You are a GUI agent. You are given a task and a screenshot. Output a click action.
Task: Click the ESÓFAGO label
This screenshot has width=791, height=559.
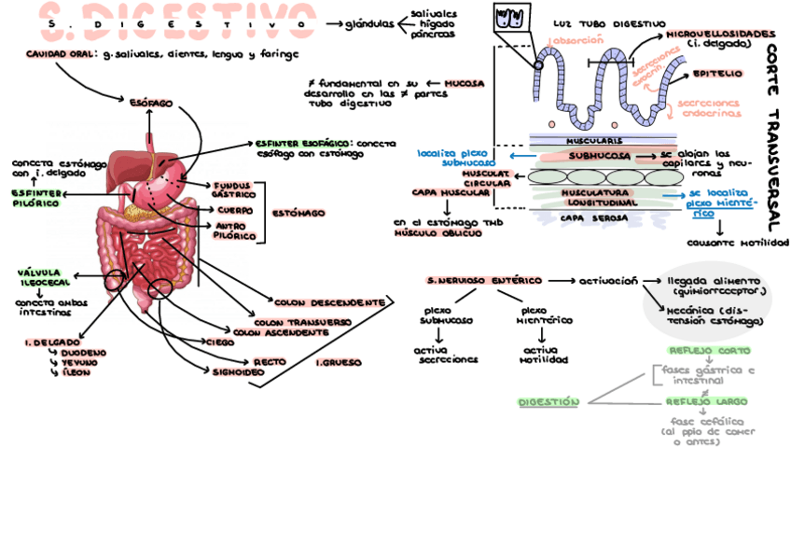pyautogui.click(x=150, y=102)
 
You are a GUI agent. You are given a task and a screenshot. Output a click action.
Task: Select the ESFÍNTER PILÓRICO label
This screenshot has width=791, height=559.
pyautogui.click(x=36, y=198)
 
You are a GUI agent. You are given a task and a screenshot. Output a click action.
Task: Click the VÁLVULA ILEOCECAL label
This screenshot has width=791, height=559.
pyautogui.click(x=43, y=277)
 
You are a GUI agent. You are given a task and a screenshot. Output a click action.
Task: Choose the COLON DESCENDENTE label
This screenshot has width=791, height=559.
pyautogui.click(x=329, y=302)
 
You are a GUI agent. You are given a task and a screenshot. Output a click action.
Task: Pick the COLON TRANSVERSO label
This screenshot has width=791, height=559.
pyautogui.click(x=301, y=321)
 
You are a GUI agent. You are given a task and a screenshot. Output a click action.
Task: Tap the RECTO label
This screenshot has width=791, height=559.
pyautogui.click(x=270, y=361)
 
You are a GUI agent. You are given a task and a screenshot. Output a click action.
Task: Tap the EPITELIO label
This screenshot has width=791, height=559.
pyautogui.click(x=716, y=73)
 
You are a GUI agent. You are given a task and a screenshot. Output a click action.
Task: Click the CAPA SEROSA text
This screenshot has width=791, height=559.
pyautogui.click(x=593, y=217)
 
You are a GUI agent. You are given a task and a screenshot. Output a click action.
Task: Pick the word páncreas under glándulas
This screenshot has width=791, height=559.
pyautogui.click(x=433, y=34)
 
